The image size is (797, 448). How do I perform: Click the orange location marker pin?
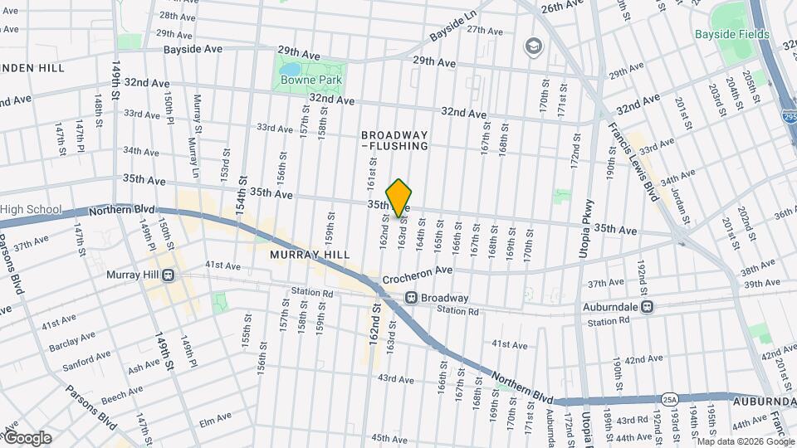[x=399, y=197]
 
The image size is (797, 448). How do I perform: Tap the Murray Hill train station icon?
[x=169, y=275]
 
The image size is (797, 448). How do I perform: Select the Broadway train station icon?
[x=410, y=298]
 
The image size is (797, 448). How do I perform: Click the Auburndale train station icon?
[x=648, y=306]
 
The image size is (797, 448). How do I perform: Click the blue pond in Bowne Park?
[x=292, y=70]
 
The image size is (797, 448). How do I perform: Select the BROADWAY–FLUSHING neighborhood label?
[x=394, y=140]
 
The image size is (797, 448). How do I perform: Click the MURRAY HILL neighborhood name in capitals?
[x=302, y=256]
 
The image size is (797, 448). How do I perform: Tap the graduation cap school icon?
[x=532, y=45]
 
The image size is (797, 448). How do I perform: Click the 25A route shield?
[x=670, y=399]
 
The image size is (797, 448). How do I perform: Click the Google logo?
[x=27, y=437]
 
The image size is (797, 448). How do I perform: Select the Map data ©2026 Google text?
[x=743, y=441]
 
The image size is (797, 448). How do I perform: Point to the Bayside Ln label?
[x=452, y=27]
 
